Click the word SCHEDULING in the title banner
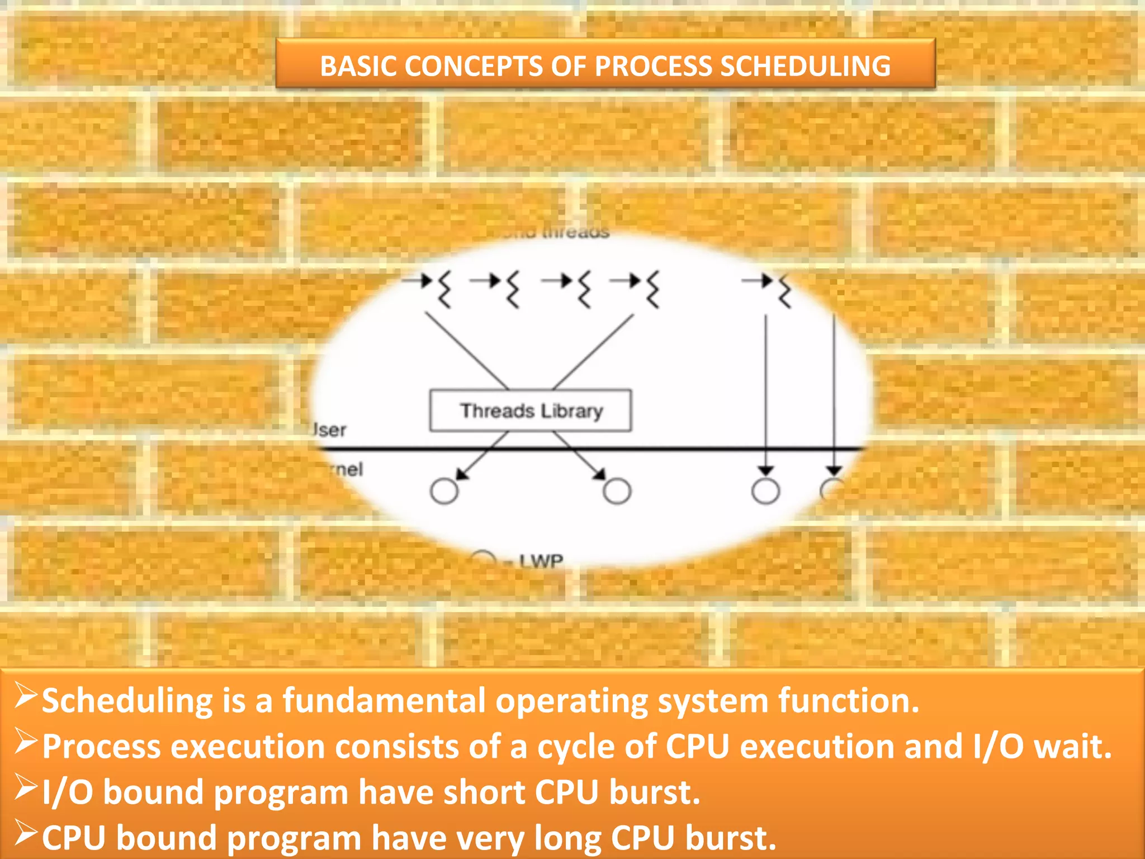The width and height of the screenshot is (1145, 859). point(805,66)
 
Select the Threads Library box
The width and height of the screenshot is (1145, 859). point(531,411)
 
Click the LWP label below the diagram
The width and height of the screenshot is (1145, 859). point(541,560)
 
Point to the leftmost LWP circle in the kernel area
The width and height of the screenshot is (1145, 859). point(444,491)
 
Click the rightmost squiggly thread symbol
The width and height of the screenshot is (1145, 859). point(784,290)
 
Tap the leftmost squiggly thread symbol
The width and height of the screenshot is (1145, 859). point(444,289)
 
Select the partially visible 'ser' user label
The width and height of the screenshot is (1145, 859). point(330,430)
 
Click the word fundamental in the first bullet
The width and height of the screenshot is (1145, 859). point(384,701)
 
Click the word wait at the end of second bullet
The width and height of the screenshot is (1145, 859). point(1072,747)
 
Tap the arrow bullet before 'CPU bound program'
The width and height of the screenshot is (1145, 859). point(26,833)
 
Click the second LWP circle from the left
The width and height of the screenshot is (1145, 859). point(617,491)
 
